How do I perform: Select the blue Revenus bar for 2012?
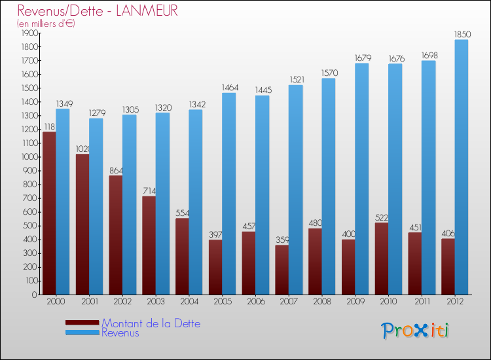click(x=462, y=167)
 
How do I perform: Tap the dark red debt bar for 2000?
click(x=48, y=213)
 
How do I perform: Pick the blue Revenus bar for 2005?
click(x=228, y=193)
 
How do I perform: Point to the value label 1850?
click(x=461, y=34)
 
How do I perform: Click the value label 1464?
click(x=229, y=87)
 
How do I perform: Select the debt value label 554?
click(x=182, y=213)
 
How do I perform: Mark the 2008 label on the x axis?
click(x=321, y=302)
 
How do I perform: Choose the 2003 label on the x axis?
click(x=156, y=302)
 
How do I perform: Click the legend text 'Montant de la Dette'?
click(x=151, y=323)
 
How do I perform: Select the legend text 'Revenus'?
click(x=120, y=333)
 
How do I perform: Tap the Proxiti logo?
click(x=415, y=331)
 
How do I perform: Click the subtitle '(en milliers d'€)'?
click(x=46, y=24)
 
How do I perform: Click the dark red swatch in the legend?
click(x=82, y=323)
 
